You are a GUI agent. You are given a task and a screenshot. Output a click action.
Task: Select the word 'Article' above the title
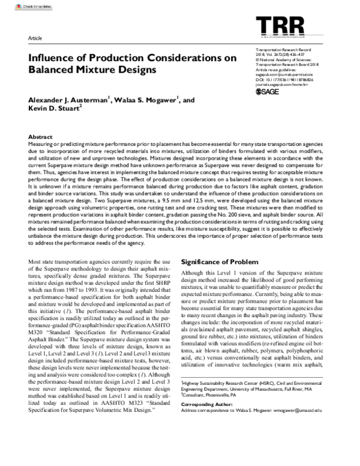pyautogui.click(x=35, y=38)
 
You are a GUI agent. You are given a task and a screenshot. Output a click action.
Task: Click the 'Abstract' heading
pyautogui.click(x=40, y=138)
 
